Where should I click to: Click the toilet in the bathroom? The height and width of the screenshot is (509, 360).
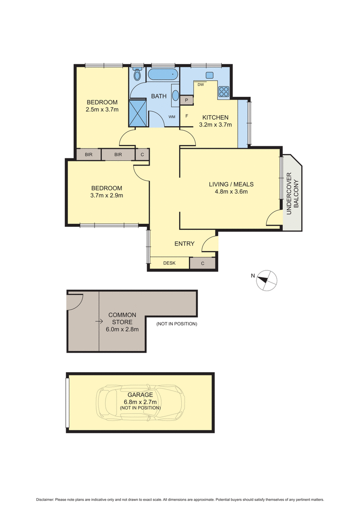pyautogui.click(x=137, y=73)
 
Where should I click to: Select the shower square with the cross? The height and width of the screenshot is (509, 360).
pyautogui.click(x=138, y=113)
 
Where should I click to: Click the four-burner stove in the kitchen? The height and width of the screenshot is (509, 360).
pyautogui.click(x=224, y=91)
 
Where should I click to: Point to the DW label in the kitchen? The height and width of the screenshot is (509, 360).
pyautogui.click(x=201, y=85)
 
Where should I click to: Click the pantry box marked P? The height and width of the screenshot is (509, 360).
pyautogui.click(x=187, y=100)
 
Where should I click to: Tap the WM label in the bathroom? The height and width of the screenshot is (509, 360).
pyautogui.click(x=172, y=117)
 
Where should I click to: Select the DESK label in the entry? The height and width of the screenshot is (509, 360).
pyautogui.click(x=169, y=263)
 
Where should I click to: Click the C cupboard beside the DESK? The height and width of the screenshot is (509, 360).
pyautogui.click(x=202, y=263)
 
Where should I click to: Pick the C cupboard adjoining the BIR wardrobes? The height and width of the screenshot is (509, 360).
pyautogui.click(x=142, y=154)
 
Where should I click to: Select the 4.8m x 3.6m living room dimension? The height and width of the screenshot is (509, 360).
pyautogui.click(x=231, y=191)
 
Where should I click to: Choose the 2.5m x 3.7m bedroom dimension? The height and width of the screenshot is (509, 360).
pyautogui.click(x=102, y=109)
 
